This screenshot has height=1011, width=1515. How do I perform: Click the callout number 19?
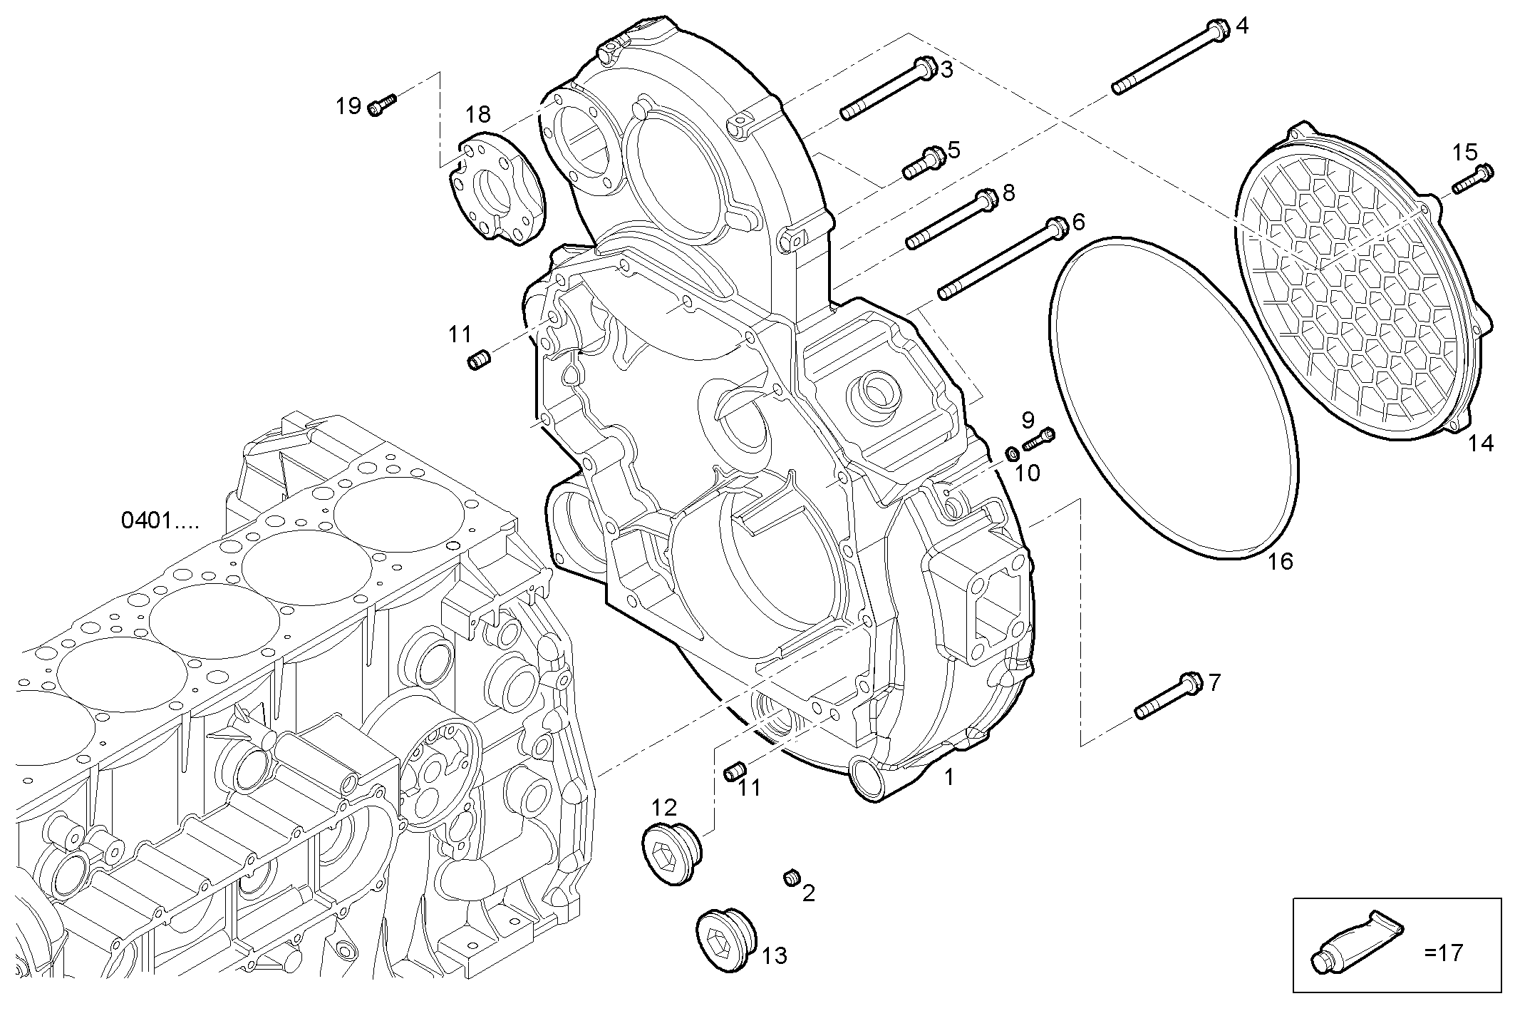[348, 107]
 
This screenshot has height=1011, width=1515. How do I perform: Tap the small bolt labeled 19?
[381, 106]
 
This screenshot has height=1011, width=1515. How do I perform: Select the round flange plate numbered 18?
[498, 189]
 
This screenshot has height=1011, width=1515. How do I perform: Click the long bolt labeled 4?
[1169, 60]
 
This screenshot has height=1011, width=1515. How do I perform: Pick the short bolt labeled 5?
[924, 162]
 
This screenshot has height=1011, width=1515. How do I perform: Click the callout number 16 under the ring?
[1280, 562]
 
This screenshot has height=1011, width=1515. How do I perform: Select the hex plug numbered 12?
[668, 853]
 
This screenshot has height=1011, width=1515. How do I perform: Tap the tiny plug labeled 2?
[790, 878]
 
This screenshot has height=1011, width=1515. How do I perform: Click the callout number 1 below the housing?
[948, 778]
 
